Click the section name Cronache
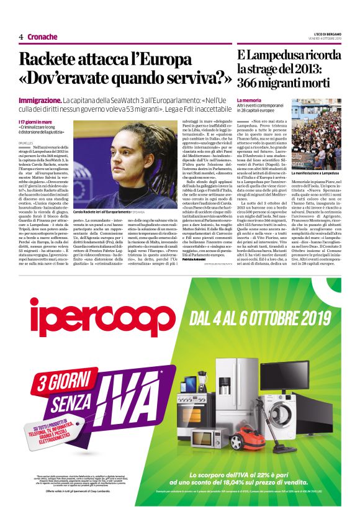click(42, 37)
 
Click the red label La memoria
click(249, 100)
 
